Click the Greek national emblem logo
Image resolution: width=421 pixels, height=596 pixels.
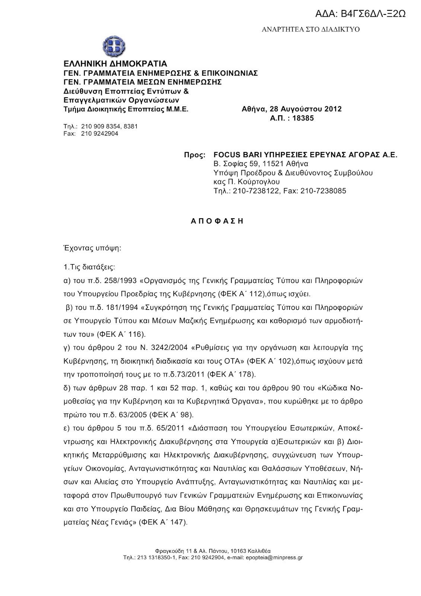[114, 46]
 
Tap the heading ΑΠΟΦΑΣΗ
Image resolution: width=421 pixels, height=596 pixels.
[217, 221]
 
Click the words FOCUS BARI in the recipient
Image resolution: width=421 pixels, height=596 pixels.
[234, 155]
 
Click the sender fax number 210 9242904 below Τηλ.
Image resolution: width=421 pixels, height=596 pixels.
[97, 133]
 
